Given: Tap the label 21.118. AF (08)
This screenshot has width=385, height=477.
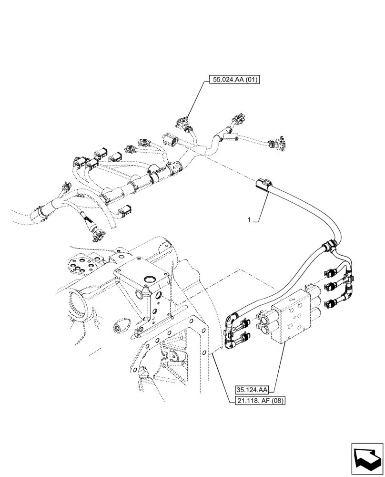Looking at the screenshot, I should (x=259, y=401).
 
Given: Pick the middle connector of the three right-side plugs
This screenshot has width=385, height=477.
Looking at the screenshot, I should (x=331, y=288).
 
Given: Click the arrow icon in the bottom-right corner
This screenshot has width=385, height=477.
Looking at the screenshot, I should (x=367, y=459).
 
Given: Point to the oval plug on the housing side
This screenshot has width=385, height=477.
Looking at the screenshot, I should (x=119, y=329).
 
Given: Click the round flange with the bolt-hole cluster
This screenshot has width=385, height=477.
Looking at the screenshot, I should (x=86, y=266).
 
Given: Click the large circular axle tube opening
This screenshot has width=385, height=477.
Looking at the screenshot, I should (x=79, y=305).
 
